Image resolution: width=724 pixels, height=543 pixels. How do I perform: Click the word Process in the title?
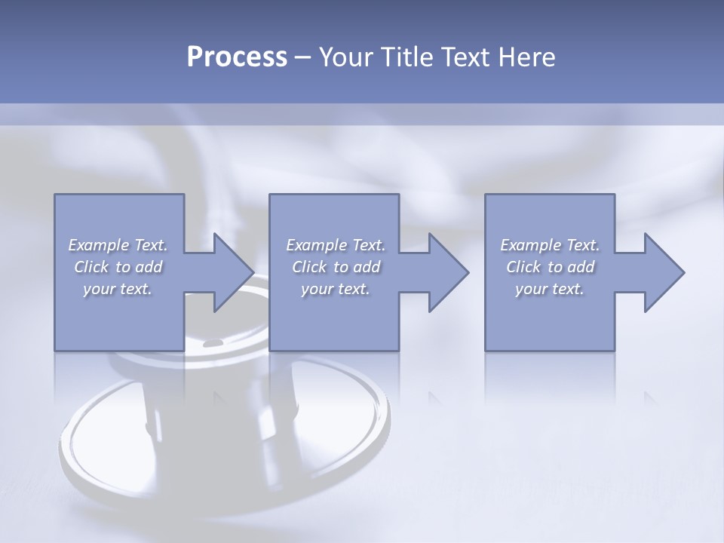tap(237, 57)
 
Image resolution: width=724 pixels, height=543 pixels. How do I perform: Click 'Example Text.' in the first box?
tap(118, 245)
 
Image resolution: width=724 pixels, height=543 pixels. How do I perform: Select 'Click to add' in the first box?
tap(118, 267)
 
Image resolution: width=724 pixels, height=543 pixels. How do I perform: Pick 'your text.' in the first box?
tap(118, 289)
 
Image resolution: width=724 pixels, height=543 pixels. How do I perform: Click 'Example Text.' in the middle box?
tap(336, 245)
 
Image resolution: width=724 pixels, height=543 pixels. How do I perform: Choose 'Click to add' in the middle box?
tap(336, 267)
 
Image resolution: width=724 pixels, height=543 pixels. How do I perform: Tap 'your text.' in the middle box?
tap(336, 289)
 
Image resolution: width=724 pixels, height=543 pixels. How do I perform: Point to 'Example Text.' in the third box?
tap(550, 245)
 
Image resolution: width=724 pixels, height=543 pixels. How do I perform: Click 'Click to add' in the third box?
tap(550, 267)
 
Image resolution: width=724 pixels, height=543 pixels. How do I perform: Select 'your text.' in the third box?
tap(550, 289)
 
